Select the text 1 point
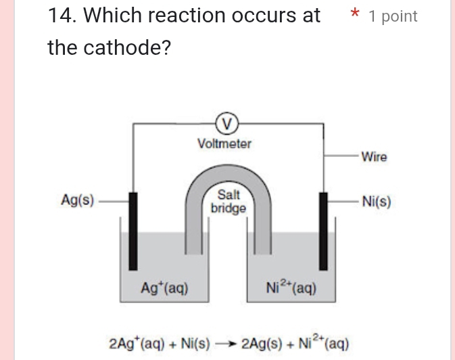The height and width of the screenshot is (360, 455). (x=393, y=16)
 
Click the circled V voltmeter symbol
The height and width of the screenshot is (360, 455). (x=228, y=123)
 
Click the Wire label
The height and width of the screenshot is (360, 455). (x=374, y=157)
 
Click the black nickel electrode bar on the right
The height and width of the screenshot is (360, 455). (x=322, y=230)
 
